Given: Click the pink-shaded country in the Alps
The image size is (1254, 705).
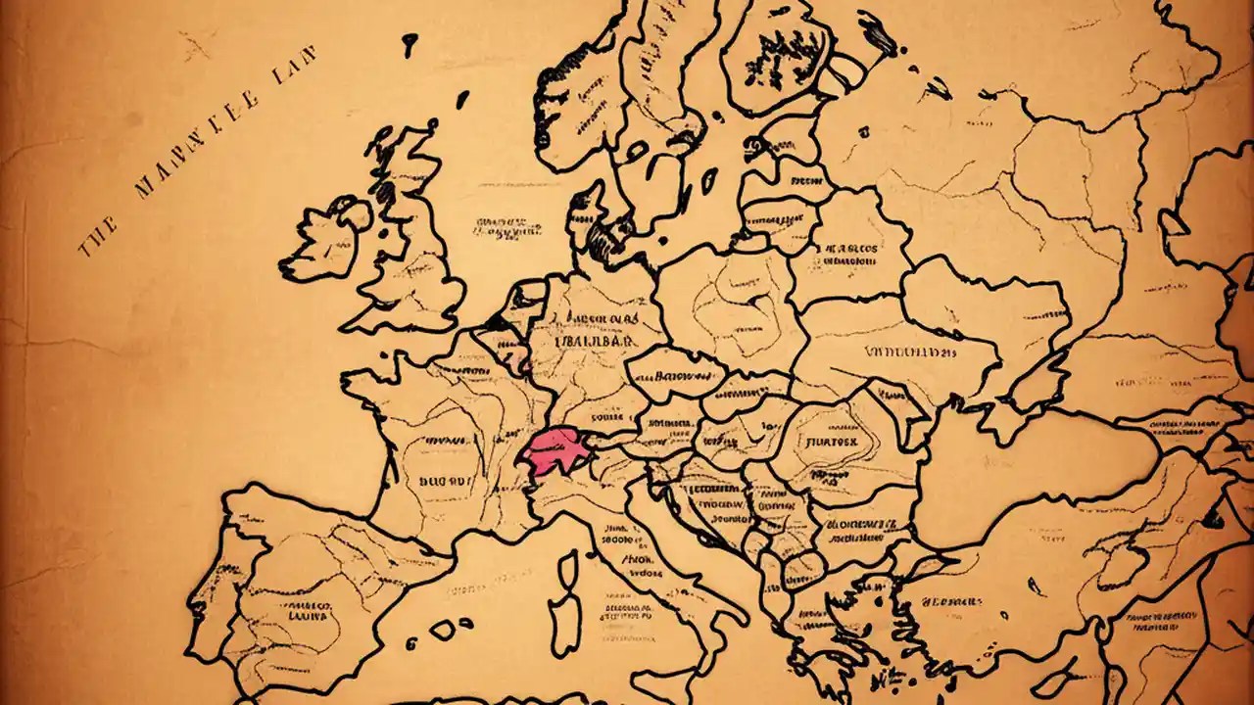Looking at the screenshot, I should click(x=555, y=451).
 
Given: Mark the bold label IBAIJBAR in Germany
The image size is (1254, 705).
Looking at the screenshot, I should click(x=597, y=343).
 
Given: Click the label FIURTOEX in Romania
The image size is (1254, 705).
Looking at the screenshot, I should click(x=832, y=441).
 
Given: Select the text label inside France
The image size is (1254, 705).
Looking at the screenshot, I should click(x=447, y=481).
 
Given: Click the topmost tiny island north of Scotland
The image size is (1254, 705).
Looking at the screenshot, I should click(x=410, y=41).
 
